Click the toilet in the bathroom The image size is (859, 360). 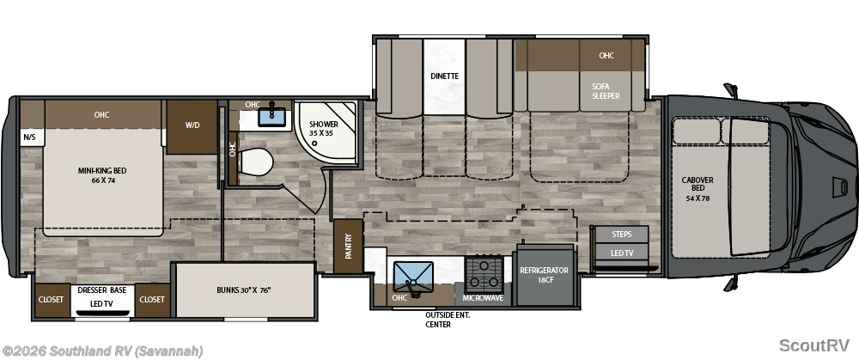click(x=255, y=162)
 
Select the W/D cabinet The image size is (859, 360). click(x=192, y=126)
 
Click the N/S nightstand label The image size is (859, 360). click(x=29, y=137)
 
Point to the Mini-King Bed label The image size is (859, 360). click(x=102, y=175)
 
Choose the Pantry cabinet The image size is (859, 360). click(x=349, y=246)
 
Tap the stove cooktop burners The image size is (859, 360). click(x=484, y=275)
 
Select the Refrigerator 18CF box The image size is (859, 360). click(x=544, y=275)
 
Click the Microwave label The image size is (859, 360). click(x=483, y=299)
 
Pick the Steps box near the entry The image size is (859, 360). click(x=622, y=234)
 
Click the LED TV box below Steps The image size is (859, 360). click(x=622, y=253)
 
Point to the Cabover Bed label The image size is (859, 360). click(x=698, y=189)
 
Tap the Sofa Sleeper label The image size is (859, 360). click(x=606, y=91)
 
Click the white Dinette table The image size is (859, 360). click(x=444, y=76)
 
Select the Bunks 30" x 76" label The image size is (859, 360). click(x=244, y=290)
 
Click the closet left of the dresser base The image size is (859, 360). click(x=51, y=300)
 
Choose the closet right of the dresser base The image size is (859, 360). click(x=152, y=300)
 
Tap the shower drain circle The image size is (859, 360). click(x=314, y=143)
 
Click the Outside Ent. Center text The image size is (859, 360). click(x=448, y=320)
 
